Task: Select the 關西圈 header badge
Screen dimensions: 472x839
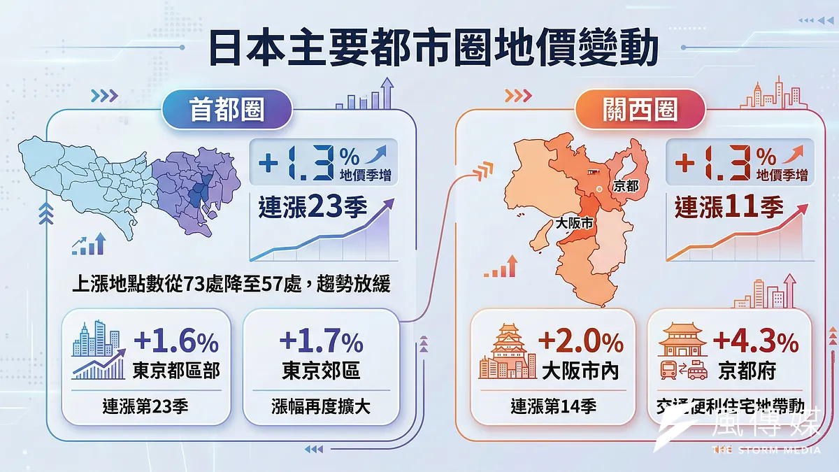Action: pos(639,111)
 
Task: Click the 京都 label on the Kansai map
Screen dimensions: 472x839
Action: pos(624,187)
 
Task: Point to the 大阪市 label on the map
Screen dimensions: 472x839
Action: pos(572,225)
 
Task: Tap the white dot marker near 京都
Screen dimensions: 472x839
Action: pos(599,189)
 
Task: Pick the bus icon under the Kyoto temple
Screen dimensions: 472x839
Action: pos(669,370)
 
